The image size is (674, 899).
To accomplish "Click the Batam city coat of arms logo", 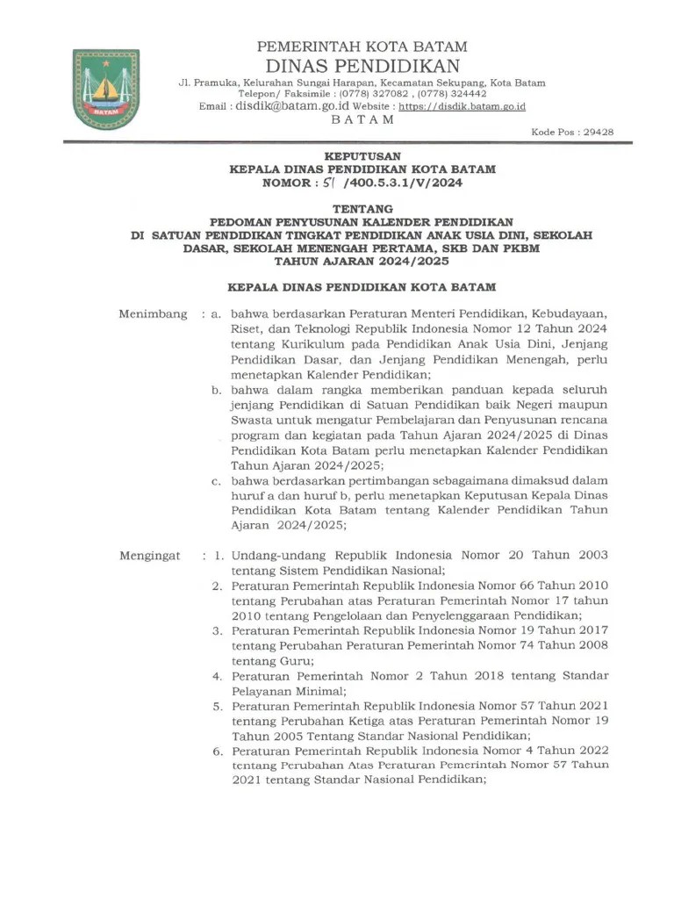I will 105,90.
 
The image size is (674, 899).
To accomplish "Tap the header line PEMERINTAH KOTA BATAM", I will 362,47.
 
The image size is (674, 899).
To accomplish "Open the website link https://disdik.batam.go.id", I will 462,106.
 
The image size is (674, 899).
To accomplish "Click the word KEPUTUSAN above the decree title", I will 362,155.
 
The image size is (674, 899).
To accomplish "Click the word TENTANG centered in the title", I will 362,210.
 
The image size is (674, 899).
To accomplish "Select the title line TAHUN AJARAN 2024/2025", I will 362,261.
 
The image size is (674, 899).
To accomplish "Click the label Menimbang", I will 154,313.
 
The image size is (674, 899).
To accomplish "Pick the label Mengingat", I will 150,555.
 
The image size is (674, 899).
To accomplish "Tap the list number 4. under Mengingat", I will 217,676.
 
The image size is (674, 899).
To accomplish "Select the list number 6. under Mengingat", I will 217,751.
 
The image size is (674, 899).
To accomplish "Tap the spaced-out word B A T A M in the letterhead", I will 362,120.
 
